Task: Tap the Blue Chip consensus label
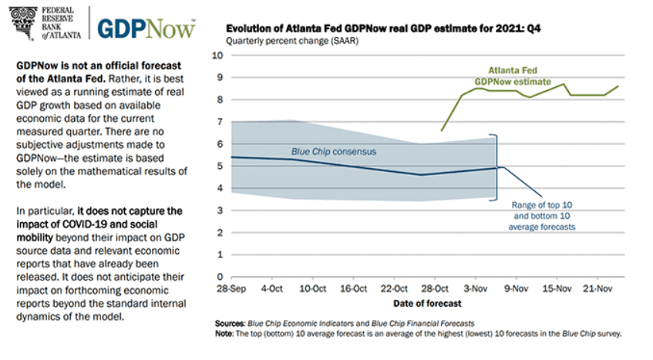point(333,152)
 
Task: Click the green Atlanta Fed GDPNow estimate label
point(513,76)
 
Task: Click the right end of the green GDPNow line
point(618,86)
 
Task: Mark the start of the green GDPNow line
point(441,130)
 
